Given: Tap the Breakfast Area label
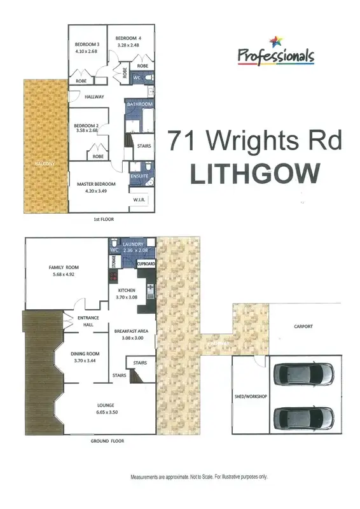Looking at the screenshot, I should pyautogui.click(x=130, y=331).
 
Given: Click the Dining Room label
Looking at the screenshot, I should pyautogui.click(x=84, y=354).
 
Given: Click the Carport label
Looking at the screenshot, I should pyautogui.click(x=303, y=326).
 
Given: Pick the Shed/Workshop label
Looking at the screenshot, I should pyautogui.click(x=250, y=396).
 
